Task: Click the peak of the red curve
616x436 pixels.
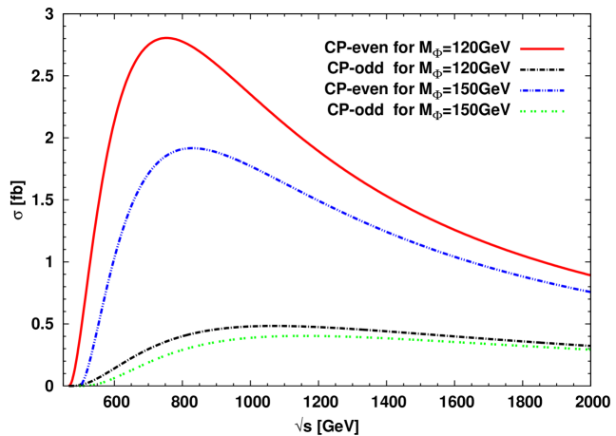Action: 167,38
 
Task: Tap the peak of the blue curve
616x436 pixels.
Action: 193,148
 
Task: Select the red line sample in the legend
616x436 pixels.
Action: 542,48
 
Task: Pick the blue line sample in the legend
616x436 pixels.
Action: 542,90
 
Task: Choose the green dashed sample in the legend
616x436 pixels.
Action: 542,111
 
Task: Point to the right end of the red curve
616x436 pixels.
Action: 588,275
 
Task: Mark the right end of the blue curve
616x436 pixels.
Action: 588,291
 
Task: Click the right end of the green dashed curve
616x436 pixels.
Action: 589,350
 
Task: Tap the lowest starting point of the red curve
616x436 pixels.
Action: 70,384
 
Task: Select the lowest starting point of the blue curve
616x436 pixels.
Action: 82,384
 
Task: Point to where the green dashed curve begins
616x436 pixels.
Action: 80,385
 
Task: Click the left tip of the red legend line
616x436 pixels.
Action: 520,48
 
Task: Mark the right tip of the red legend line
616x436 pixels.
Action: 564,48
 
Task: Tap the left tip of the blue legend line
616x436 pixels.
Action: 520,90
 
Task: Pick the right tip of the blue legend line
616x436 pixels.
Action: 564,90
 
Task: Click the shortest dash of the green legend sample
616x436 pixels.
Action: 563,111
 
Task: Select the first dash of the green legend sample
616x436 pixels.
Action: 523,111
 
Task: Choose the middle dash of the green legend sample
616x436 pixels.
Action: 542,111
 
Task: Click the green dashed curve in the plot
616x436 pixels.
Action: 314,336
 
